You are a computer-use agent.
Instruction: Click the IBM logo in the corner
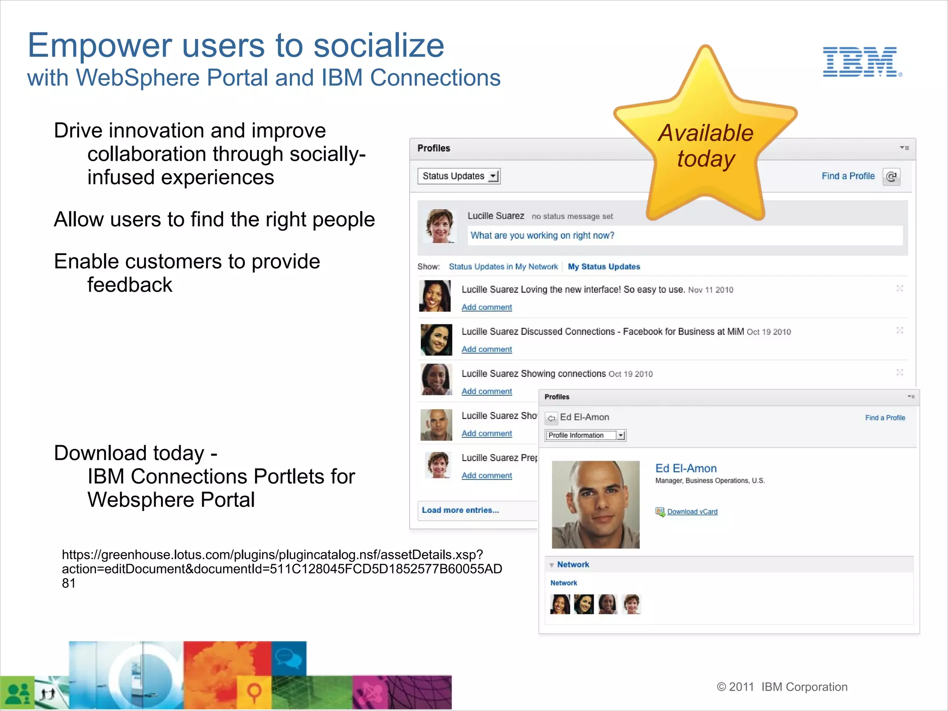[x=861, y=62]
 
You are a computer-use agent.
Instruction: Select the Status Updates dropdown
[x=458, y=176]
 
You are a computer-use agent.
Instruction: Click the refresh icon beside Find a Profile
[x=891, y=176]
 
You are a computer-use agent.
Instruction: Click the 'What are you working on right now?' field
[x=685, y=236]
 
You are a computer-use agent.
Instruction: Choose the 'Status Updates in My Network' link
[x=503, y=267]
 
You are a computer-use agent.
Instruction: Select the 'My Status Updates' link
[x=604, y=267]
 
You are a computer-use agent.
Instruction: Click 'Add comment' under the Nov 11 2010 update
[x=486, y=307]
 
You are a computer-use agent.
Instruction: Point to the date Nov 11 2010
[x=711, y=290]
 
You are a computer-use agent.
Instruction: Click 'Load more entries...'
[x=460, y=510]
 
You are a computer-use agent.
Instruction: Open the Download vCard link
[x=692, y=511]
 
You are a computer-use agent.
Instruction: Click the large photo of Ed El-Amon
[x=596, y=505]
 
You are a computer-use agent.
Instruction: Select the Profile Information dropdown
[x=586, y=436]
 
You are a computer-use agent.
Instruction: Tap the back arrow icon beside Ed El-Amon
[x=551, y=418]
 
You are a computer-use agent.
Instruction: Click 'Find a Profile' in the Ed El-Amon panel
[x=885, y=418]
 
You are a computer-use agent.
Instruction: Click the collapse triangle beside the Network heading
[x=552, y=565]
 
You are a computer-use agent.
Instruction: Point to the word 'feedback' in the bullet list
[x=130, y=285]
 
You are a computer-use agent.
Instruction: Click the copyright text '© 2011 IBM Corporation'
[x=782, y=687]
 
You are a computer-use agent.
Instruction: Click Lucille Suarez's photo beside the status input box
[x=439, y=226]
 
